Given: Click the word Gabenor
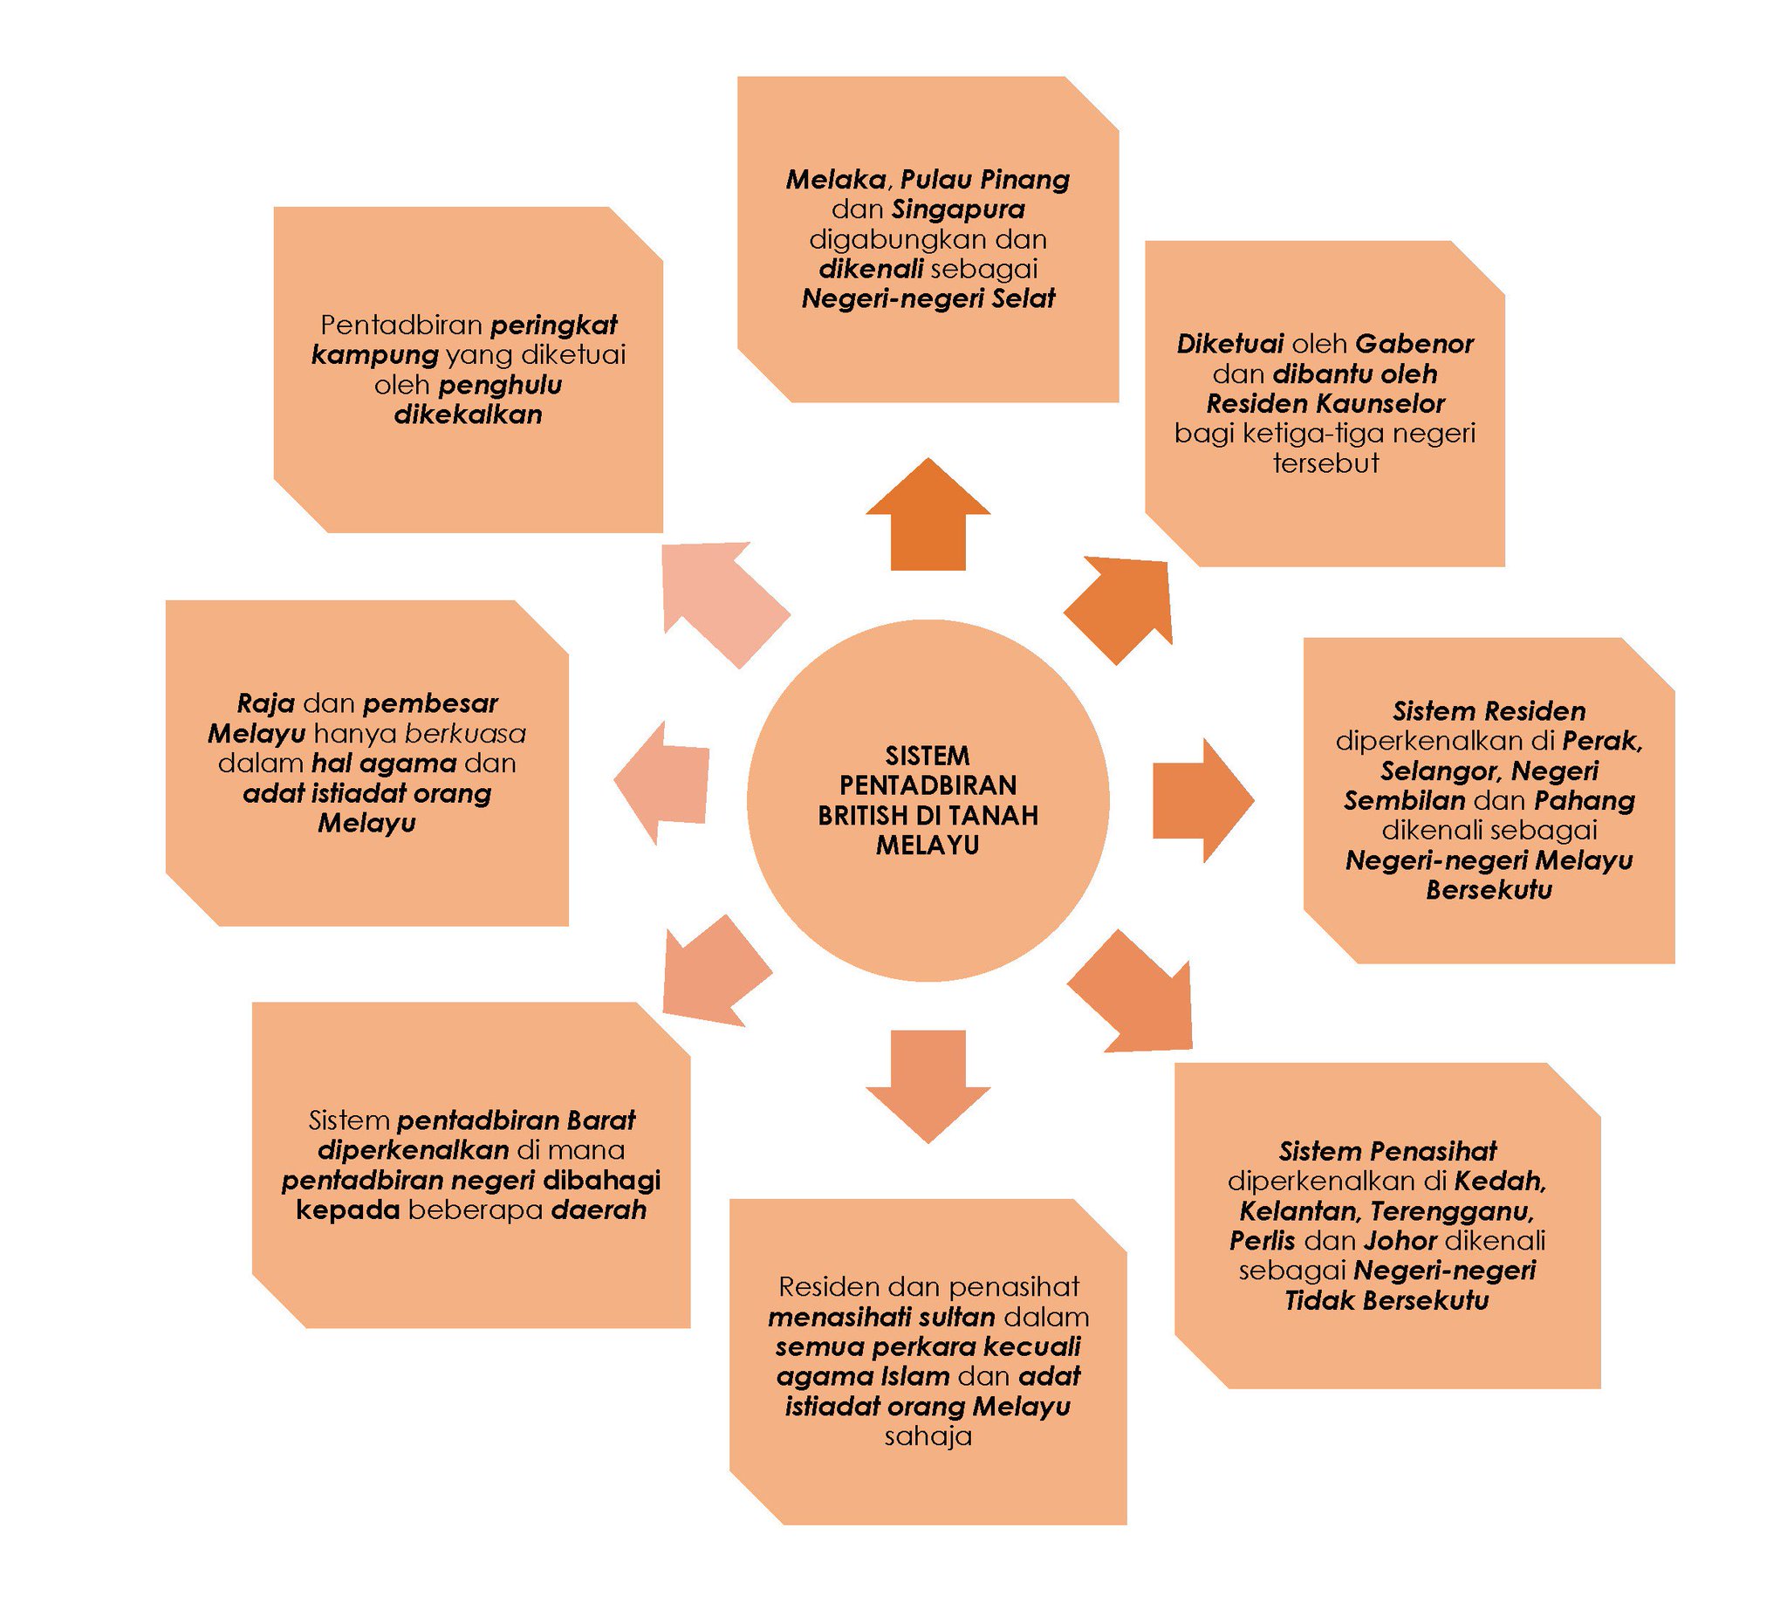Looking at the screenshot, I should [1414, 344].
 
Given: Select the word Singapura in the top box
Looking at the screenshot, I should [957, 209].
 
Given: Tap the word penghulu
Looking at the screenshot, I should [499, 385].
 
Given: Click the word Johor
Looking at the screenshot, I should [1400, 1241].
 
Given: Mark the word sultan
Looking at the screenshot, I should [955, 1318].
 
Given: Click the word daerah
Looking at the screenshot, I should [598, 1210].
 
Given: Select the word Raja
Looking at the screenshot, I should [265, 703].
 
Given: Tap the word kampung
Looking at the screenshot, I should [374, 355].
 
